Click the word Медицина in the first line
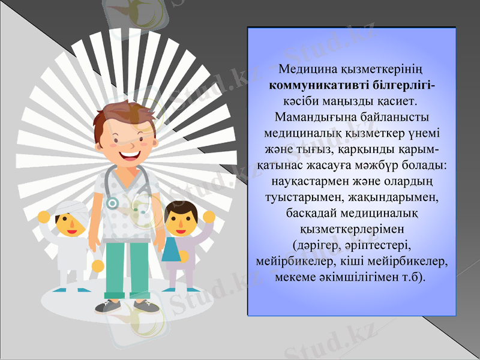[x=308, y=68]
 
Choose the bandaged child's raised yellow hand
[x=44, y=217]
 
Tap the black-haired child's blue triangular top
[x=171, y=250]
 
